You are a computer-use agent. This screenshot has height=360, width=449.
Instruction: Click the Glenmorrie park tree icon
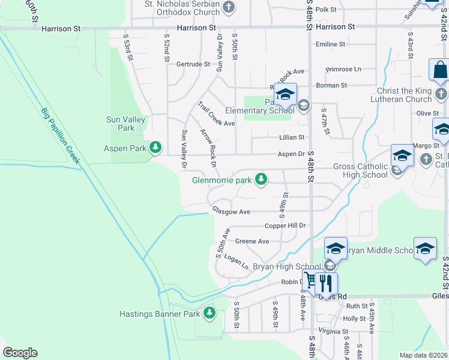(x=261, y=179)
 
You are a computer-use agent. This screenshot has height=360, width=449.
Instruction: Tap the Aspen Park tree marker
(x=155, y=148)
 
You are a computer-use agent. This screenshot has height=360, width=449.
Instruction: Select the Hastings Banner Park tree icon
(x=209, y=313)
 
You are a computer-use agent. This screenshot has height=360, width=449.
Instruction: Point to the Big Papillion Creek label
(x=61, y=136)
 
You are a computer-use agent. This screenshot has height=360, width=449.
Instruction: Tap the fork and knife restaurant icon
(x=326, y=283)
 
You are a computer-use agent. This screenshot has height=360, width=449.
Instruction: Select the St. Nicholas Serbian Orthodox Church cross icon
(x=228, y=8)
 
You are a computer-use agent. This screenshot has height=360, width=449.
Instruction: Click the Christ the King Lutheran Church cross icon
(x=441, y=94)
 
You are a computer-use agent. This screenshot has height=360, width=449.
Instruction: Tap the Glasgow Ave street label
(x=231, y=211)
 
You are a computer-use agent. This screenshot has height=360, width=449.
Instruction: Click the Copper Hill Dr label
(x=286, y=226)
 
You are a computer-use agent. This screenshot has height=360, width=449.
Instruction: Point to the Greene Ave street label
(x=252, y=241)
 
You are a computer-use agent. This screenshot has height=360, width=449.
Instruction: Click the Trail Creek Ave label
(x=216, y=114)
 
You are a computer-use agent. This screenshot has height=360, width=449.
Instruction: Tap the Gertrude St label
(x=193, y=64)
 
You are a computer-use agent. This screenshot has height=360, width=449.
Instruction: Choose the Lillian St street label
(x=292, y=137)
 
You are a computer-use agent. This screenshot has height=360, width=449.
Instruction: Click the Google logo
(x=20, y=353)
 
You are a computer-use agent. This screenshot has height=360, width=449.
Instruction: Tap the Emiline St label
(x=331, y=44)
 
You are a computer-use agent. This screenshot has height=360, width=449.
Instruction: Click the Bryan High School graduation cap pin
(x=335, y=248)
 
